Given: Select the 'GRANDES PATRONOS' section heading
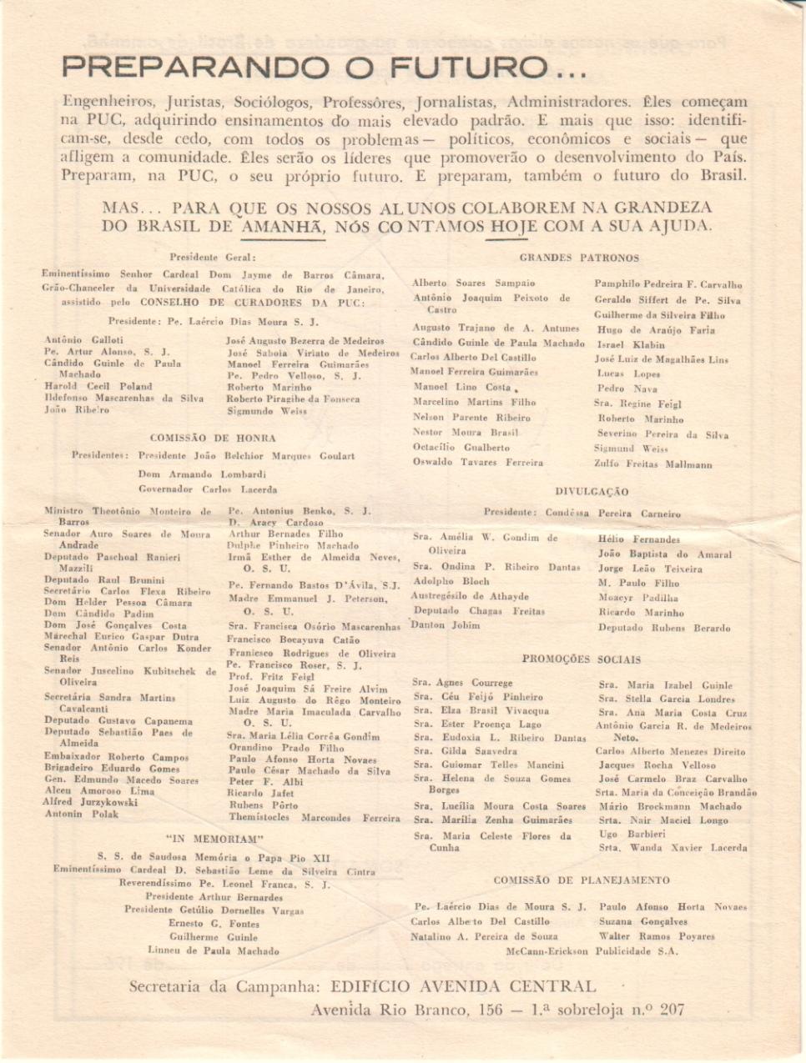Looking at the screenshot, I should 579,258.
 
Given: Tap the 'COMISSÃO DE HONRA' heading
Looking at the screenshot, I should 212,437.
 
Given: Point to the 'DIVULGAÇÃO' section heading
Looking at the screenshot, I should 592,492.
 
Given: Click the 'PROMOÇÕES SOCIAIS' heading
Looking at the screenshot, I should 582,659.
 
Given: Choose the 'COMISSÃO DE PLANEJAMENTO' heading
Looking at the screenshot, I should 581,880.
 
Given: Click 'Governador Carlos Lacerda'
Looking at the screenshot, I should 208,490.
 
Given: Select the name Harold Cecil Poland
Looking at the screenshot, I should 98,387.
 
